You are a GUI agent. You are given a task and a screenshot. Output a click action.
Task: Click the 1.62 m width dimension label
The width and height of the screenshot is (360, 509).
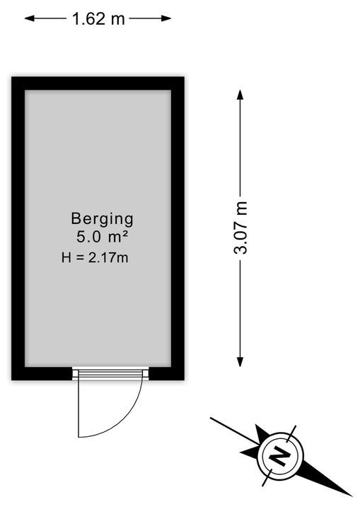click(98, 18)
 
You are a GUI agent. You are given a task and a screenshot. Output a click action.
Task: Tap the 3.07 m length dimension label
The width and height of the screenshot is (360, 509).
click(240, 228)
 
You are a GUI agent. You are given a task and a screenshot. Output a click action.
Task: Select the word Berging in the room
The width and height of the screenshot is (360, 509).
click(102, 219)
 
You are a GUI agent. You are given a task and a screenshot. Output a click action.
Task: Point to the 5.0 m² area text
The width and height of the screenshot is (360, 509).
click(102, 237)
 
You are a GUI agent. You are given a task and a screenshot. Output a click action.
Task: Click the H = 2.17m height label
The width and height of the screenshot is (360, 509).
click(95, 258)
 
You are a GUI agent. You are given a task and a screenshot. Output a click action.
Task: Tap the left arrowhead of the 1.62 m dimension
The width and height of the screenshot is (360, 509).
click(29, 18)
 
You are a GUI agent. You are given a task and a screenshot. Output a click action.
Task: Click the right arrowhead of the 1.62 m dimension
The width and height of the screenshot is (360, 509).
click(167, 18)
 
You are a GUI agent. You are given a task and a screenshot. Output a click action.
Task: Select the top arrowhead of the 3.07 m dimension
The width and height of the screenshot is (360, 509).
click(240, 95)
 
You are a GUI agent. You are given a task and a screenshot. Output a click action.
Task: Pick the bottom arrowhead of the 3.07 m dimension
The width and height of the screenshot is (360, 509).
click(240, 362)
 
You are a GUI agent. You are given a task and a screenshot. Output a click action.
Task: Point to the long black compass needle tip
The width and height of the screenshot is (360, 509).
click(352, 496)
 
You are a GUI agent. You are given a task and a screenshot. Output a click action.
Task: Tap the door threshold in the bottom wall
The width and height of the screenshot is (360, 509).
click(110, 374)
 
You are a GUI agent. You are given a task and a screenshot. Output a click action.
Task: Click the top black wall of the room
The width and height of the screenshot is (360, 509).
click(98, 83)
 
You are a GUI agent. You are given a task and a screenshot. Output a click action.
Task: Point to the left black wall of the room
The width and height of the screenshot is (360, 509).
click(18, 228)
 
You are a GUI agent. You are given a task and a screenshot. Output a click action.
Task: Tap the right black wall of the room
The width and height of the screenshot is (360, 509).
click(178, 228)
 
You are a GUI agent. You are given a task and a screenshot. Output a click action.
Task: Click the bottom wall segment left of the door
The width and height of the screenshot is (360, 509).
click(42, 374)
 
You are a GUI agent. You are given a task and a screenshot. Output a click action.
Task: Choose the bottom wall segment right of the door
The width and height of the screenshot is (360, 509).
click(166, 374)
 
